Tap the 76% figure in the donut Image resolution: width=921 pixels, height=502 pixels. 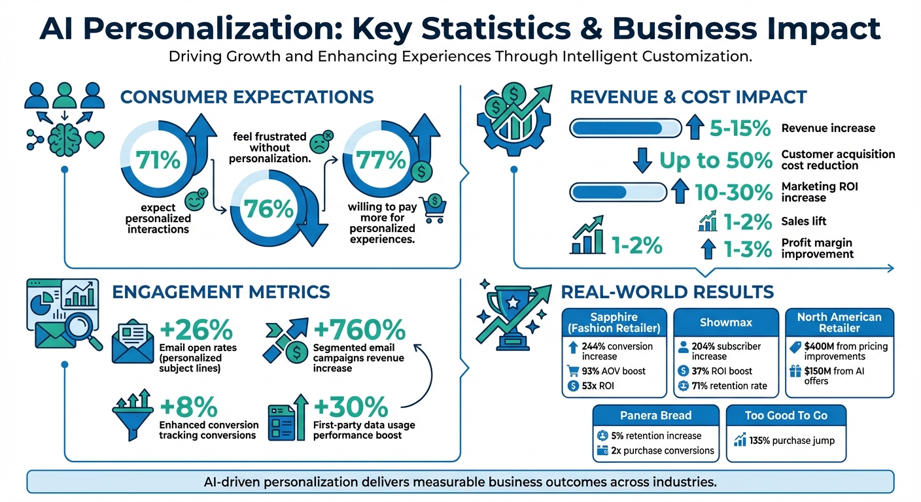268,209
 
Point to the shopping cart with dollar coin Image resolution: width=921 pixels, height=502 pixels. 432,207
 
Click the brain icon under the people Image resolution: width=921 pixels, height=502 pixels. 64,138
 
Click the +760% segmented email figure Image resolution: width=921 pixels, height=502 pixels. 359,329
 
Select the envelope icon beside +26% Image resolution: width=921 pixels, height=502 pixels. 135,342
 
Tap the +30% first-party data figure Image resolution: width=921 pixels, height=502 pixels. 351,407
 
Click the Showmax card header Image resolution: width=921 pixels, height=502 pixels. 726,323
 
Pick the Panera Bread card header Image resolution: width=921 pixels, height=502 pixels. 655,416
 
